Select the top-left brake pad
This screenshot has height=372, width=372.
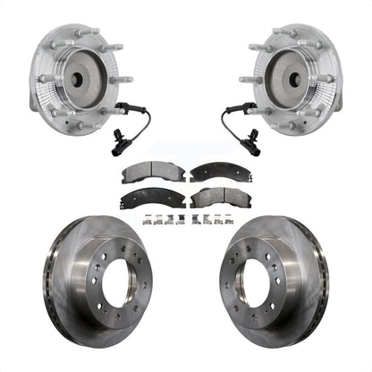pyautogui.click(x=154, y=171)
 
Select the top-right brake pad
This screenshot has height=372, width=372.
pyautogui.click(x=217, y=171)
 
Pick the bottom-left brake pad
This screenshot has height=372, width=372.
pyautogui.click(x=154, y=197)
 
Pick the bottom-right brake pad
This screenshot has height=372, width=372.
pyautogui.click(x=217, y=197)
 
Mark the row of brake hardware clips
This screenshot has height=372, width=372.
pyautogui.click(x=186, y=219)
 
